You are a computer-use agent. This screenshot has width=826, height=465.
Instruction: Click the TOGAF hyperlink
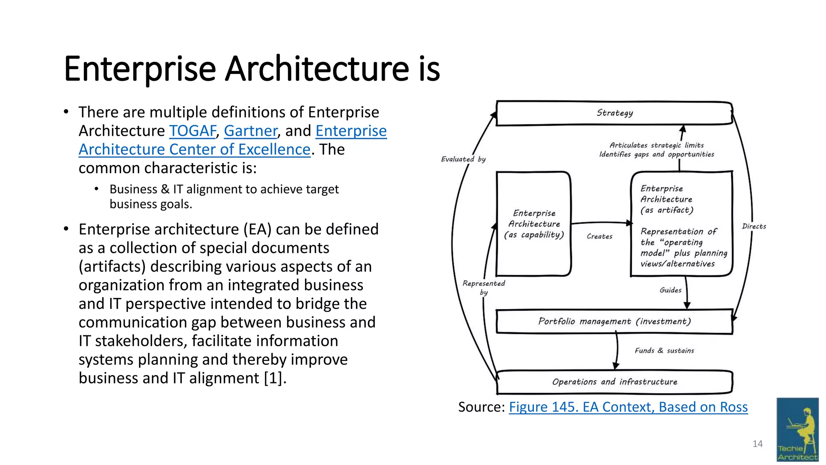point(192,131)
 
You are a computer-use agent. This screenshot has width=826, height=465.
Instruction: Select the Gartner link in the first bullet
point(250,131)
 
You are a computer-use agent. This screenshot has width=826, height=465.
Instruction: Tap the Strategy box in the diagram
point(614,113)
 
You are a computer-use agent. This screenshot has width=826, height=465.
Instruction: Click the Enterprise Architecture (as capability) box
point(534,224)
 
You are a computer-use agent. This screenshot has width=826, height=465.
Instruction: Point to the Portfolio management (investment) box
point(614,321)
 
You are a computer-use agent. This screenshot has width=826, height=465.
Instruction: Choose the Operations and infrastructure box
point(614,382)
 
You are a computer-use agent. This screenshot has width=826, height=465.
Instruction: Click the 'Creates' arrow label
point(599,237)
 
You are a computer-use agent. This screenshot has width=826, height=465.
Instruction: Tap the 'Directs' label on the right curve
point(754,226)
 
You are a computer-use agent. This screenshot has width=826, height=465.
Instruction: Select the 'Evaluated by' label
point(463,159)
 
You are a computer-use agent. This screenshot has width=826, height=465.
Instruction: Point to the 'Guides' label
point(670,290)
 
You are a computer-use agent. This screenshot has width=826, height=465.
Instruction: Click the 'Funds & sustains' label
point(664,351)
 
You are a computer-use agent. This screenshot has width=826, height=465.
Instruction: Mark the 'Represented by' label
point(484,287)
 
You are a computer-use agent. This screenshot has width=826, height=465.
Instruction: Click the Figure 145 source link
point(628,407)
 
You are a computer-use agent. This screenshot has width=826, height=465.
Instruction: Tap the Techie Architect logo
point(797,429)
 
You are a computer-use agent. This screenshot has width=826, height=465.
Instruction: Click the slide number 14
point(757,444)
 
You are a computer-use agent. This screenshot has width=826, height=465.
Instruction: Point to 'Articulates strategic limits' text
point(657,145)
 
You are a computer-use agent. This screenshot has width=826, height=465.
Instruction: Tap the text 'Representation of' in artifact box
point(678,232)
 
